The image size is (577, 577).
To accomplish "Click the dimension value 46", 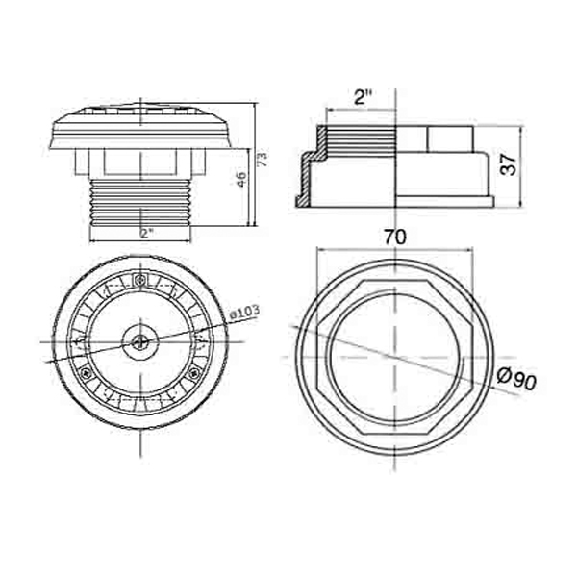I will tap(242, 178).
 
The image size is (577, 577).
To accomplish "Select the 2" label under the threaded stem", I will tap(145, 233).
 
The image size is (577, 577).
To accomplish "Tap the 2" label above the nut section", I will tap(363, 97).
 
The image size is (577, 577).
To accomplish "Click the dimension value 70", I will tap(394, 236).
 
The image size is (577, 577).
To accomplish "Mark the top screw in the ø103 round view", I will tap(141, 280).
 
